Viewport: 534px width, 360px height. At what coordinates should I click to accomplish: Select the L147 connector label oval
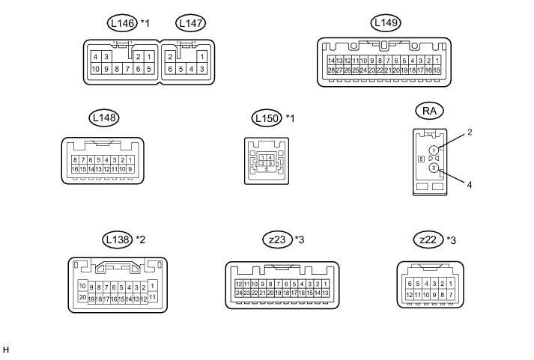tap(189, 24)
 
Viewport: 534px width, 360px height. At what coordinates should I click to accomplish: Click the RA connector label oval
tap(429, 111)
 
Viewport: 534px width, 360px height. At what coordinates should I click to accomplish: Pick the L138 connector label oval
tap(118, 240)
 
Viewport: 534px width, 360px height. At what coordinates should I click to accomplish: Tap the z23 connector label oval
tap(278, 240)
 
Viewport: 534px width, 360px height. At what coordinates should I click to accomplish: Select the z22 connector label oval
tap(428, 240)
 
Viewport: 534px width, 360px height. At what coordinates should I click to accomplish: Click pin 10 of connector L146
tap(95, 69)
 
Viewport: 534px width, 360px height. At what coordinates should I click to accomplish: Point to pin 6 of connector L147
tap(171, 69)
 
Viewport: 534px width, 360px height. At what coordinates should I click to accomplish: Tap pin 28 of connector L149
tap(331, 70)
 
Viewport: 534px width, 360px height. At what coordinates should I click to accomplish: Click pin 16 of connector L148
tap(75, 169)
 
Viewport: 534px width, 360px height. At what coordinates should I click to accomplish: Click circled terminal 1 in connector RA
tap(434, 150)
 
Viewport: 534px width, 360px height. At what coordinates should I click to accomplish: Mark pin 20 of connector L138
tap(82, 296)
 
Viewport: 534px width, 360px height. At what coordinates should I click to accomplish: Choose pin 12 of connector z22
tap(408, 296)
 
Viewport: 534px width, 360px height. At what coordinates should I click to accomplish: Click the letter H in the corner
tap(6, 350)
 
